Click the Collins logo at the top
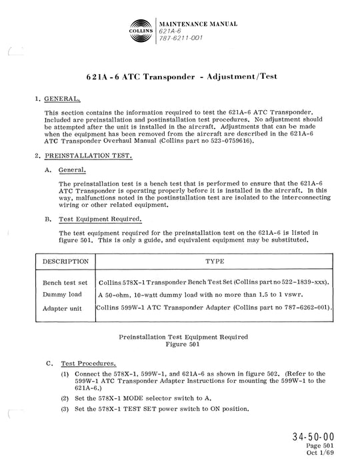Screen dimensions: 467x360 (139, 31)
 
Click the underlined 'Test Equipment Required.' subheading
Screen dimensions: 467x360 (91, 219)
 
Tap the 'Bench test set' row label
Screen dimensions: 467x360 (65, 284)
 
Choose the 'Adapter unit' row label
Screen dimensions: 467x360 (63, 308)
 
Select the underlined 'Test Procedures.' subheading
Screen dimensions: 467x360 (88, 364)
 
